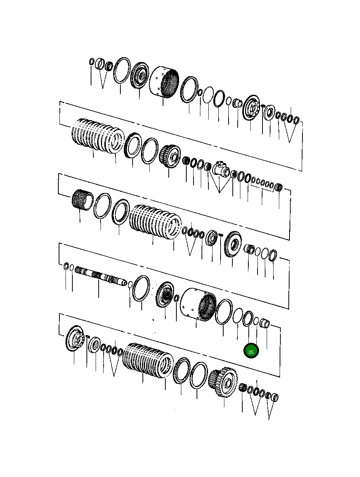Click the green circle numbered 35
tap(251, 352)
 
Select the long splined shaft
tap(101, 276)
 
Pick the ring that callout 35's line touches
tap(248, 319)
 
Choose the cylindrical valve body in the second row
tap(221, 169)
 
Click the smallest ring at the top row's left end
tap(91, 62)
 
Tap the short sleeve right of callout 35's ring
tap(265, 324)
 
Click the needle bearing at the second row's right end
tap(279, 187)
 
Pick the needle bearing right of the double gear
tap(242, 389)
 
